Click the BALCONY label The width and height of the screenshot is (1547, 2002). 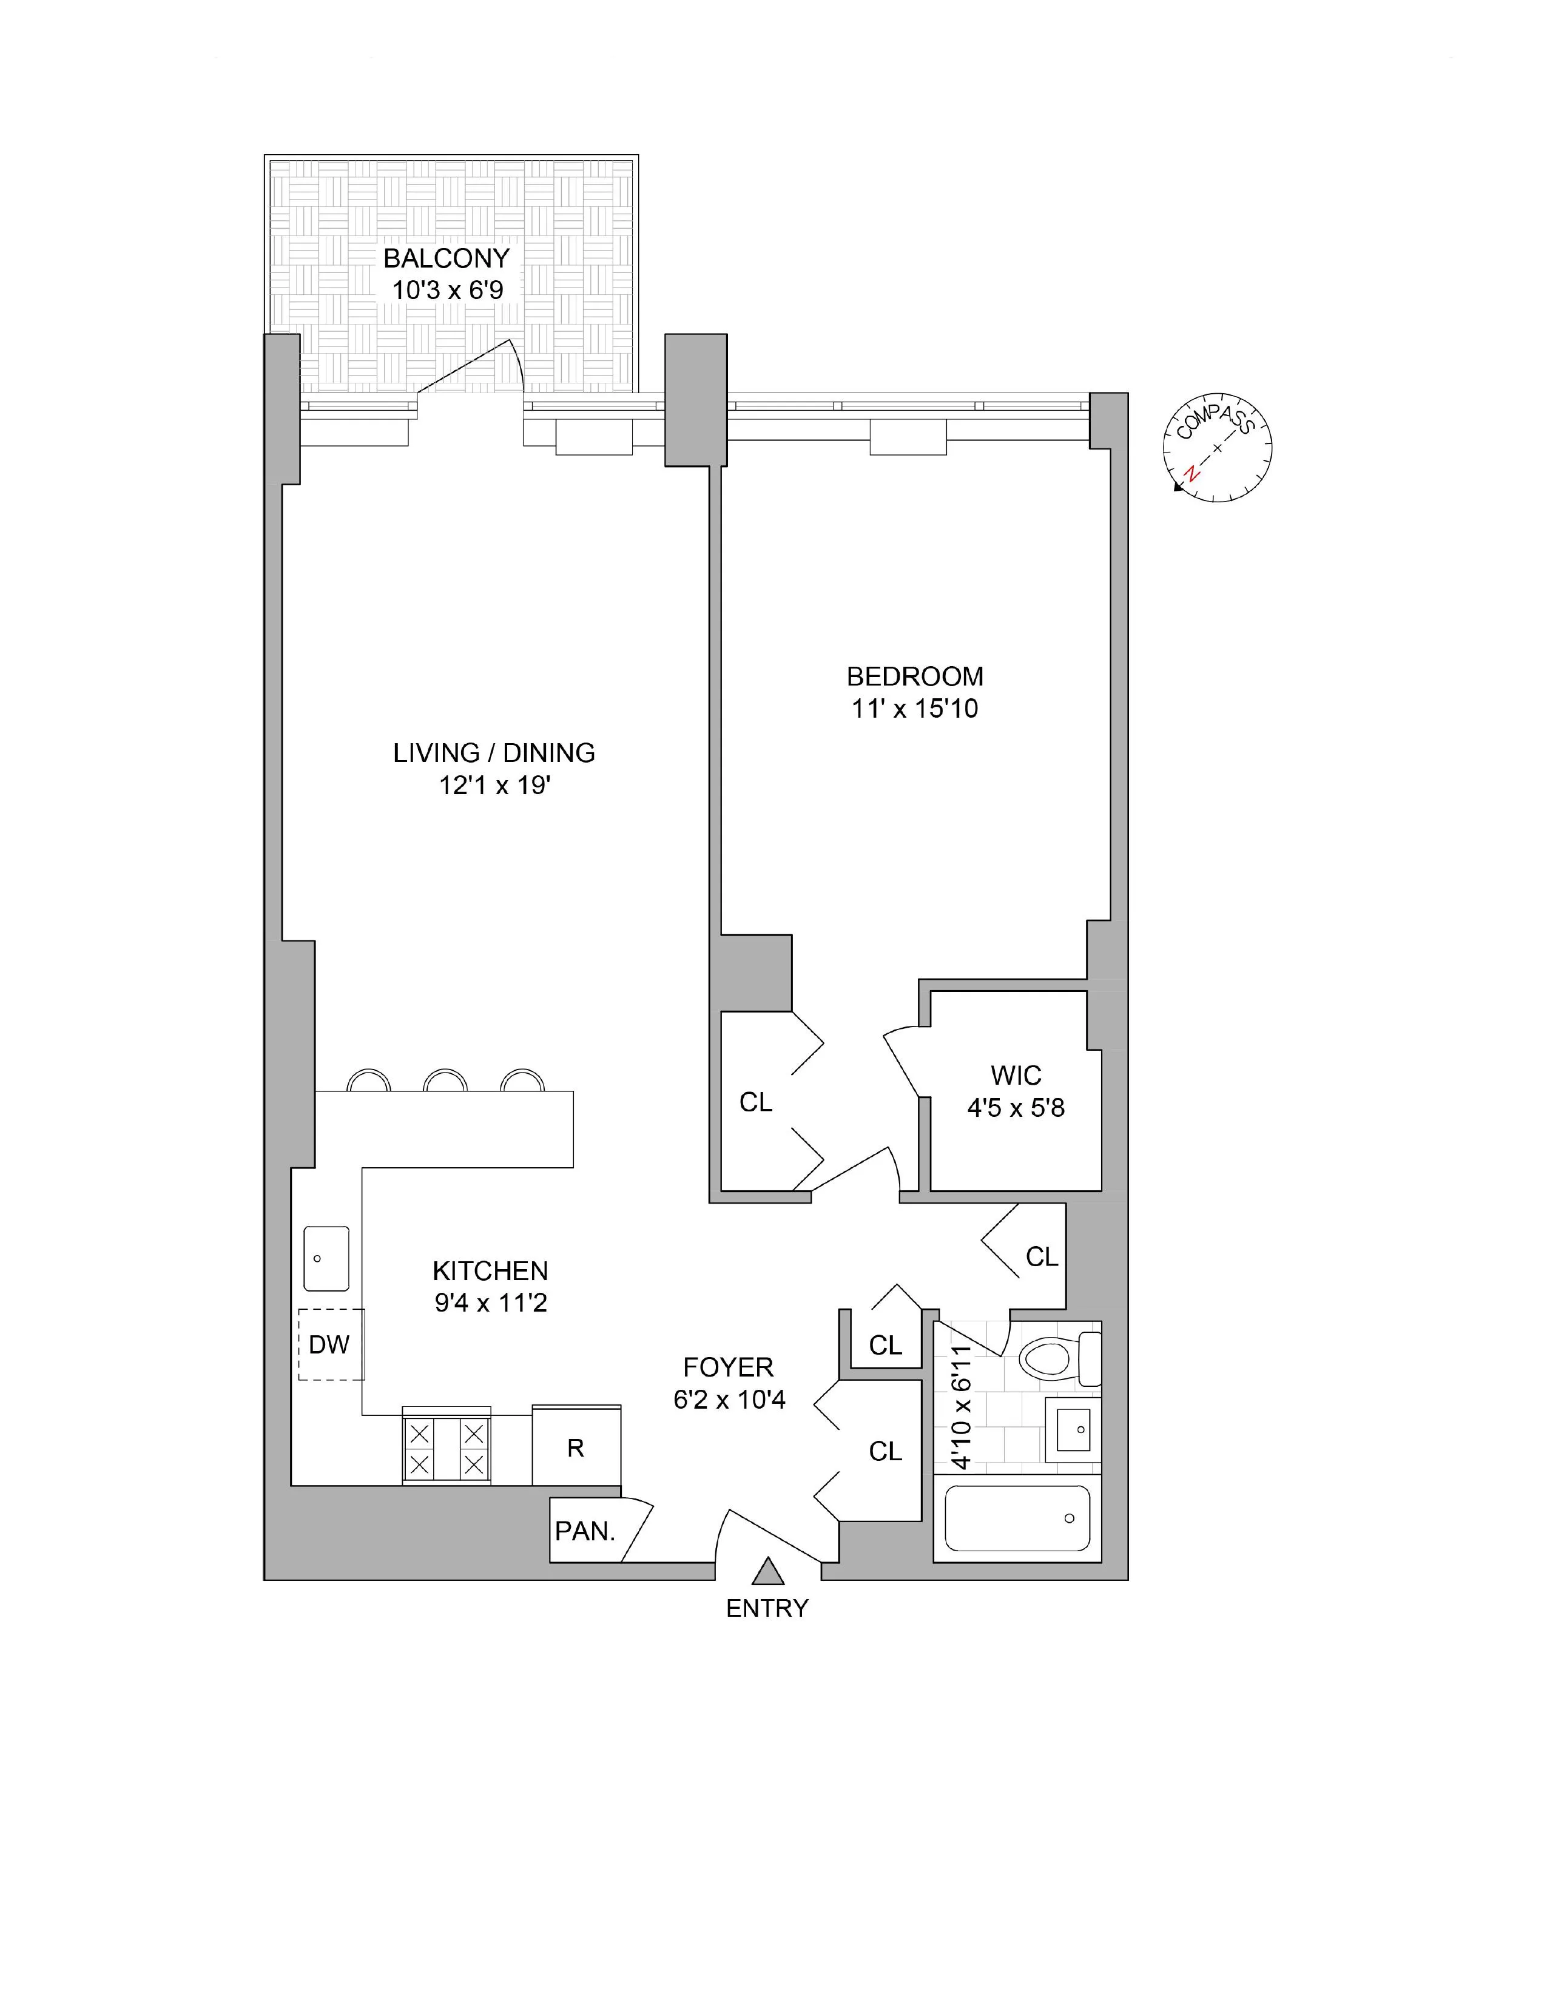click(447, 258)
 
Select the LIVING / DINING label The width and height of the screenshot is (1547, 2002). click(494, 753)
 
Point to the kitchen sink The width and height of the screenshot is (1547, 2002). click(326, 1259)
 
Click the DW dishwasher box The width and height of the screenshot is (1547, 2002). click(330, 1345)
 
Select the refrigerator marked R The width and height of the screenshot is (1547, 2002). click(576, 1448)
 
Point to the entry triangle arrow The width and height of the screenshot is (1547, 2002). click(768, 1571)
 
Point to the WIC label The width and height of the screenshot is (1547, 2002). click(1016, 1074)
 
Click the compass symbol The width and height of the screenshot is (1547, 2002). click(1217, 448)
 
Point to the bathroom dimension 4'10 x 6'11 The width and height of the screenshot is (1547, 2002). click(960, 1407)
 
